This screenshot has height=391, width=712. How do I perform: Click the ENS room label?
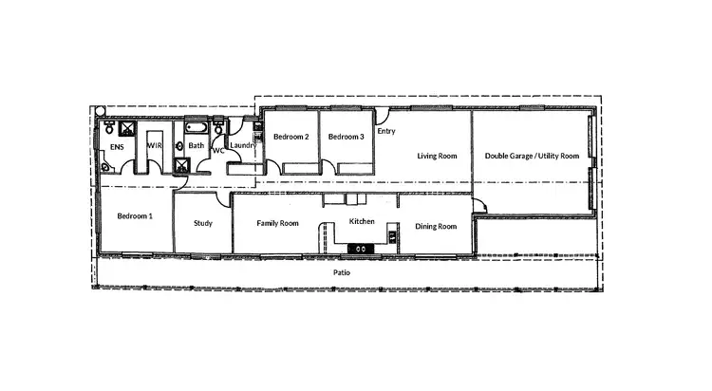[x=117, y=148]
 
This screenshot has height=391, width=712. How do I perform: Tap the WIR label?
[x=154, y=146]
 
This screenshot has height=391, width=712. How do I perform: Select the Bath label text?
[x=196, y=146]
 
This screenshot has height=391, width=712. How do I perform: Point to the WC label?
[x=217, y=151]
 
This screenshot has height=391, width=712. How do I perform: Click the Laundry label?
[x=243, y=145]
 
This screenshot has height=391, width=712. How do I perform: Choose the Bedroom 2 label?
[x=291, y=138]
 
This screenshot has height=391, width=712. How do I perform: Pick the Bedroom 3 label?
[x=347, y=138]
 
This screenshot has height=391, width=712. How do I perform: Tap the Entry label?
[x=386, y=132]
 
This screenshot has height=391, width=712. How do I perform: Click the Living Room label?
[x=438, y=156]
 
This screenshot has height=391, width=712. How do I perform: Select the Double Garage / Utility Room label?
[x=532, y=156]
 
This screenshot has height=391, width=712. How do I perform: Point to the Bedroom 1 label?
[x=135, y=216]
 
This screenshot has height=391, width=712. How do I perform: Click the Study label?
[x=202, y=224]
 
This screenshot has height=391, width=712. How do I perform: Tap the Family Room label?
[x=278, y=224]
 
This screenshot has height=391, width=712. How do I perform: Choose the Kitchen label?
[x=363, y=222]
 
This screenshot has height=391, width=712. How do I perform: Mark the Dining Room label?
[x=436, y=227]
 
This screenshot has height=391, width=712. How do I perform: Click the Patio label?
[x=343, y=272]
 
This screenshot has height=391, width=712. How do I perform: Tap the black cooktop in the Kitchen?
[x=362, y=249]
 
